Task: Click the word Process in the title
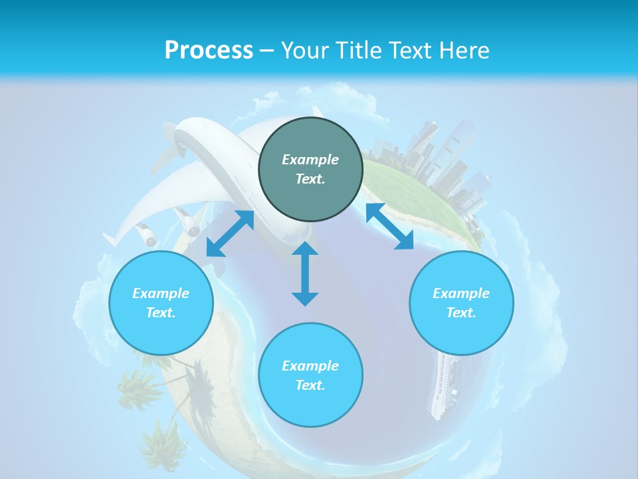[x=209, y=51]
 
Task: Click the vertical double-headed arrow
[x=305, y=273]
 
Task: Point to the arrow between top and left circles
[x=230, y=234]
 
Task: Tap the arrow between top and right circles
[x=389, y=226]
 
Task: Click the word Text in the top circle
[x=310, y=179]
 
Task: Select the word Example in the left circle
[x=161, y=293]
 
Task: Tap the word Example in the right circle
[x=461, y=293]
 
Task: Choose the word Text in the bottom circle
[x=310, y=385]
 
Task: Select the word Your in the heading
[x=305, y=51]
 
